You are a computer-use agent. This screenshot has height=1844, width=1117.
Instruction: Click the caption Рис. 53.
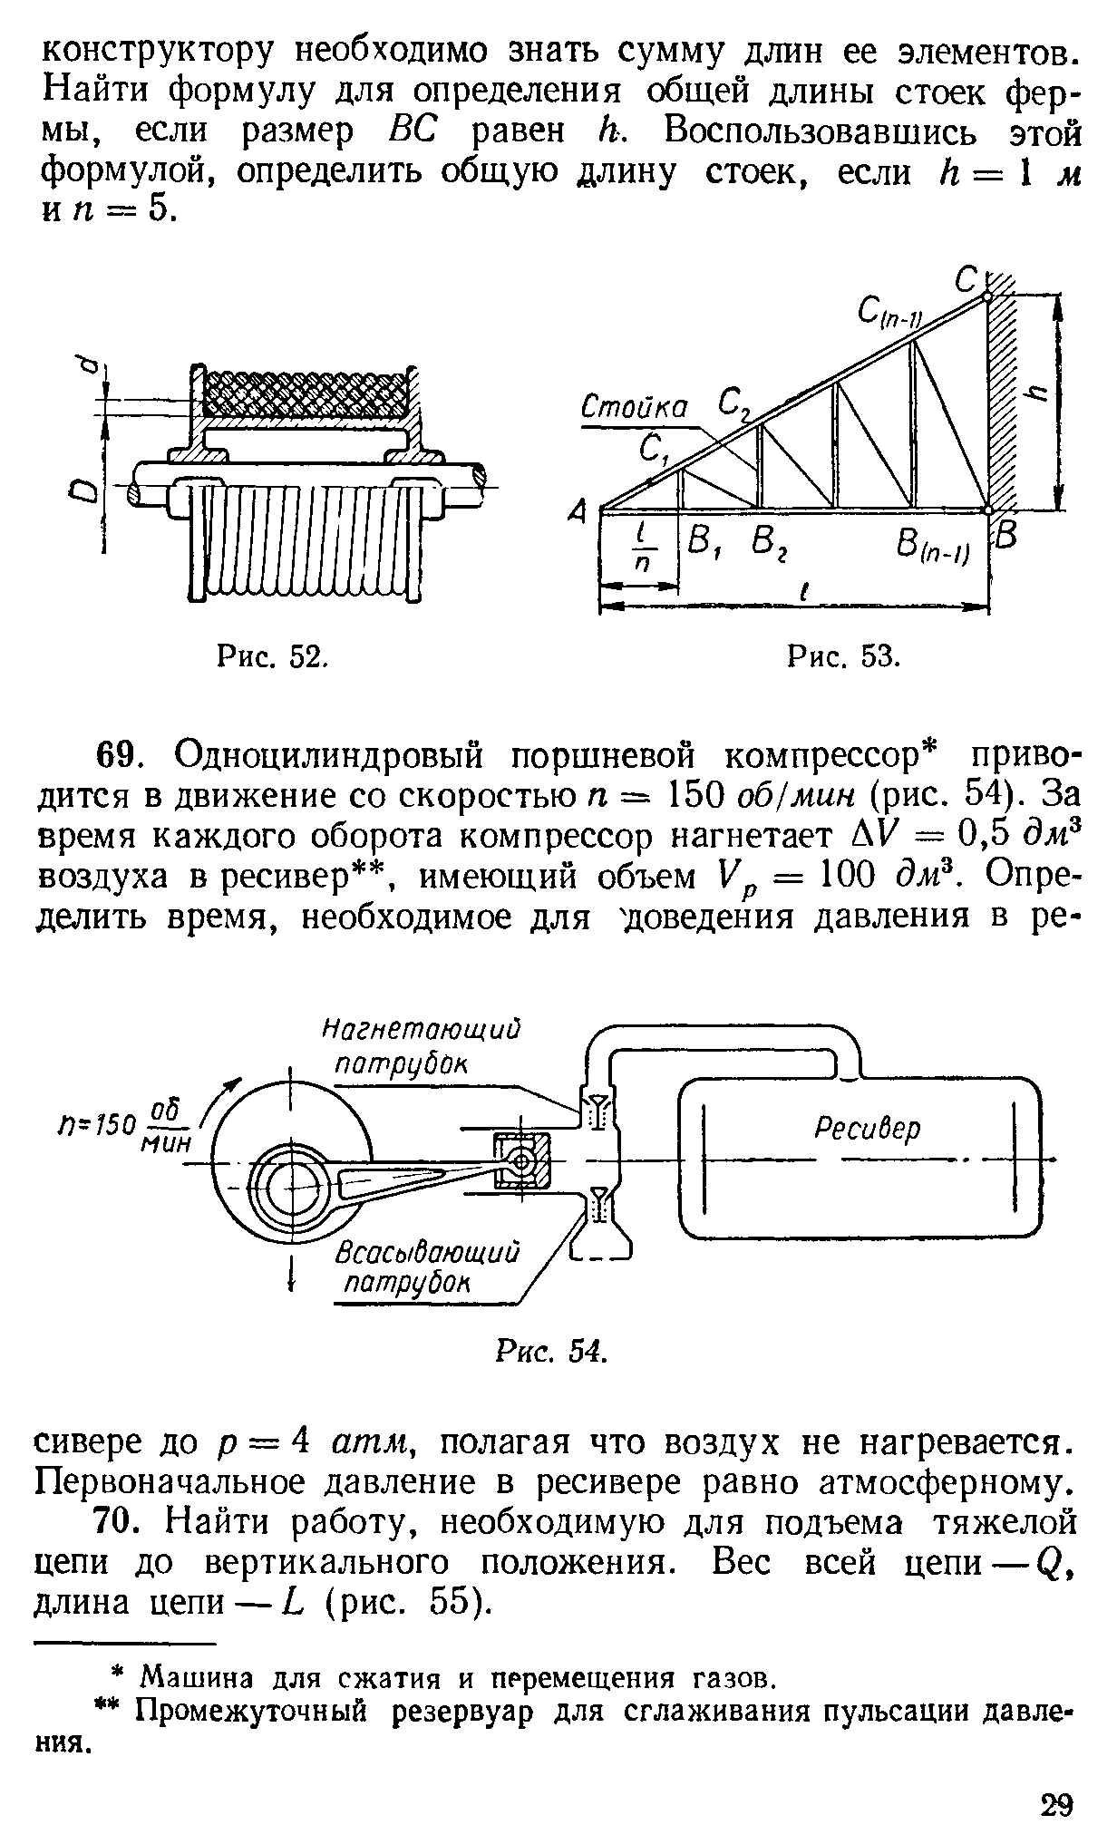point(843,655)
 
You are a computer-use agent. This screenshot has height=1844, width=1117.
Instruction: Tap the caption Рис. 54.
point(550,1351)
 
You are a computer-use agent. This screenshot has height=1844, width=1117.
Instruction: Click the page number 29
point(1056,1802)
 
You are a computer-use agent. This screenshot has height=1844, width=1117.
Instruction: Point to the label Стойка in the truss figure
point(634,407)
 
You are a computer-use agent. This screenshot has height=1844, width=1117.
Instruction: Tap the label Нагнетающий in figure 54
point(423,1030)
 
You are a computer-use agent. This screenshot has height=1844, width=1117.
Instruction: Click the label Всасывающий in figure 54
point(427,1254)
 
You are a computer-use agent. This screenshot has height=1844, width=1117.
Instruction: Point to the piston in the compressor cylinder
point(522,1161)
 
